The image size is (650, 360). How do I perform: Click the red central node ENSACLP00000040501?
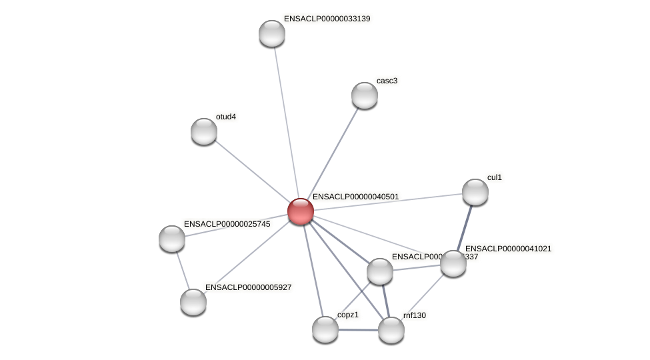tap(301, 211)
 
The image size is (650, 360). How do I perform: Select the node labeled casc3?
tap(365, 95)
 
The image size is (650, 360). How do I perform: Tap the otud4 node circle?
tap(204, 131)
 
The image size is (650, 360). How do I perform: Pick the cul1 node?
tap(475, 192)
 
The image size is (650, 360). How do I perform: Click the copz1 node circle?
tap(325, 329)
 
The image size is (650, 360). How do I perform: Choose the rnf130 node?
tap(391, 330)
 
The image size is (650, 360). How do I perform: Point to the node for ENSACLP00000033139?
tap(272, 33)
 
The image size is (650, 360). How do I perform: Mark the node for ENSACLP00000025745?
tap(172, 239)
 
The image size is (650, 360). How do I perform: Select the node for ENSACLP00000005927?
tap(193, 302)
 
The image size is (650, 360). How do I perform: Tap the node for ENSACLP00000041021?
tap(453, 263)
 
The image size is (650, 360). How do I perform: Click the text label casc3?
tap(387, 81)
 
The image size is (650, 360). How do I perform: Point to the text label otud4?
tap(226, 117)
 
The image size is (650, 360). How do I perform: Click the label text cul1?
tap(495, 177)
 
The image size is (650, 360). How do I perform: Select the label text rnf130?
tap(414, 315)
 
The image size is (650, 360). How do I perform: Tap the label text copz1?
tap(348, 315)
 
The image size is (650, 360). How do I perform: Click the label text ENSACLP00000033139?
tap(327, 19)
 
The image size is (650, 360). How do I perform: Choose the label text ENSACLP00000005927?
tap(248, 287)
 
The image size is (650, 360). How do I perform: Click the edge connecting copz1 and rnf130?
tap(359, 330)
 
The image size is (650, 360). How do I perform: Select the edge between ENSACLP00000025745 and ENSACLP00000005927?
tap(182, 270)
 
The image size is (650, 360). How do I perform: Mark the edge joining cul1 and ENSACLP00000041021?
tap(465, 227)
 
